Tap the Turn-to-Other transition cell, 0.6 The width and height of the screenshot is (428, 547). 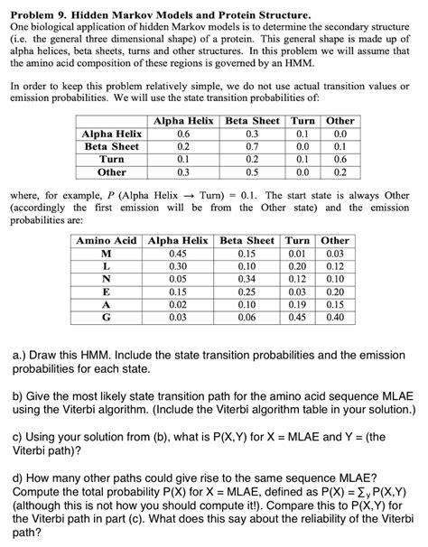point(340,158)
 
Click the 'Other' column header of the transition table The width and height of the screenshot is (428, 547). point(340,121)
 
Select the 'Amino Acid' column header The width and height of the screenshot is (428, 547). point(107,241)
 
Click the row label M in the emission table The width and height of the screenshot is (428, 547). point(107,254)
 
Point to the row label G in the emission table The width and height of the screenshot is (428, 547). point(107,317)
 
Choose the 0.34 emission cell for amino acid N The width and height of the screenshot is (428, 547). point(247,279)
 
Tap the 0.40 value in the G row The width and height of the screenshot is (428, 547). point(335,317)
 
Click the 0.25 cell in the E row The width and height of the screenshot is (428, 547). point(247,292)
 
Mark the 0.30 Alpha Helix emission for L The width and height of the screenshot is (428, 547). point(178,266)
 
